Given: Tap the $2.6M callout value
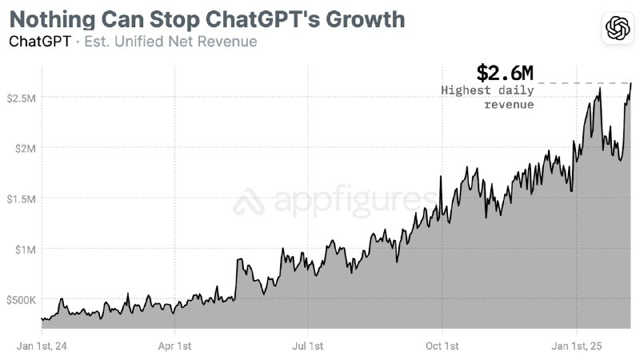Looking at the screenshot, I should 505,73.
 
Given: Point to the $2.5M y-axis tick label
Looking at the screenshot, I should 22,98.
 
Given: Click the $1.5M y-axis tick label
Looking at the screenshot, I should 22,198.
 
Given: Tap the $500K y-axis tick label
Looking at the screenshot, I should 22,300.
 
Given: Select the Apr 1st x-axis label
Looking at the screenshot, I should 174,346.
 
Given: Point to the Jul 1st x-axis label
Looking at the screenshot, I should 308,346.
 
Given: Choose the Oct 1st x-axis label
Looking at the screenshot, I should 442,346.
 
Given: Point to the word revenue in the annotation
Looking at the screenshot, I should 509,105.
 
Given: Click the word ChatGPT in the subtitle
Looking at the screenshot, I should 39,41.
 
